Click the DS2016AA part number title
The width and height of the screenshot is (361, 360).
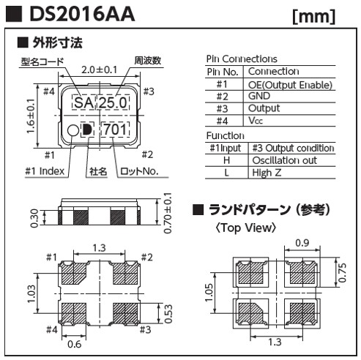point(82,14)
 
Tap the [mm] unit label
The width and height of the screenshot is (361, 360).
point(314,17)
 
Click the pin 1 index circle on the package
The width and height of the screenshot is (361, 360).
point(73,130)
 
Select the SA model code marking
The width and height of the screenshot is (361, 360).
point(83,102)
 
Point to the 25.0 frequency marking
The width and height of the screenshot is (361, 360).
point(113,102)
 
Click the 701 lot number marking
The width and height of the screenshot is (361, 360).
point(115,130)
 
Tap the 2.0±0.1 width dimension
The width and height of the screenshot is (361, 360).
point(100,70)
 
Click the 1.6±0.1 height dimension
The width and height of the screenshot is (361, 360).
point(31,116)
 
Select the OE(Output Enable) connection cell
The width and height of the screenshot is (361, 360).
point(290,85)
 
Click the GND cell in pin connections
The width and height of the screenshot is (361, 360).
point(259,96)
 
